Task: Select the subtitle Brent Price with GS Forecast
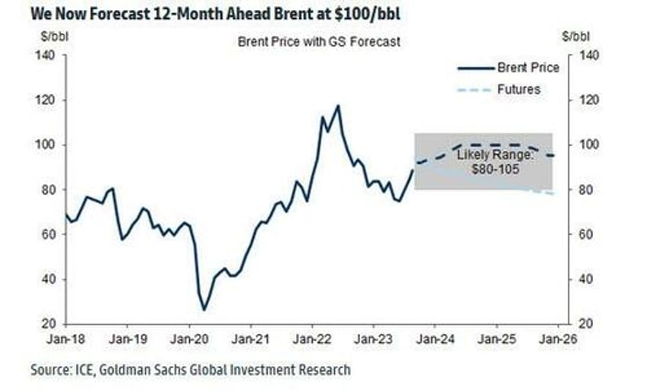(x=319, y=42)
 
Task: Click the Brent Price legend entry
(x=527, y=67)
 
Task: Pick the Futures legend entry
(x=518, y=89)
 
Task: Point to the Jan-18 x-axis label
(x=66, y=336)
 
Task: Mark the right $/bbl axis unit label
(x=575, y=35)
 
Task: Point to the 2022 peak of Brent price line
(x=337, y=106)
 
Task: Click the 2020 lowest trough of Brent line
(x=204, y=309)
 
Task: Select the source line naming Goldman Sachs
(x=191, y=370)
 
